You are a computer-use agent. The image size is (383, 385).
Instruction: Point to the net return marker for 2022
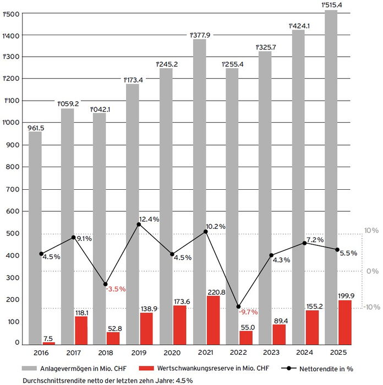click(x=238, y=306)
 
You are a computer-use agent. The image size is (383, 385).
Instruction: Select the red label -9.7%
click(x=249, y=312)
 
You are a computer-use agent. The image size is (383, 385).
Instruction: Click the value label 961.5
click(x=36, y=128)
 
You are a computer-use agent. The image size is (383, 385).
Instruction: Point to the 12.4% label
click(x=149, y=219)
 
